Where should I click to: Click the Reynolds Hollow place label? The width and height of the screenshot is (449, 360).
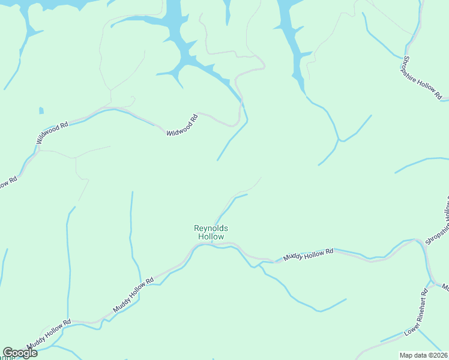click(x=211, y=232)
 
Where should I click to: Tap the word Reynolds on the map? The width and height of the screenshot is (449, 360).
click(x=211, y=228)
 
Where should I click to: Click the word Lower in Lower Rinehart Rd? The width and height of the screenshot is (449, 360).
click(x=410, y=329)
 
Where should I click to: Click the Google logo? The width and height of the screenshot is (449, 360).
click(x=20, y=353)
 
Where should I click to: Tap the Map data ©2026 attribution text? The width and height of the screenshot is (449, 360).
click(x=424, y=355)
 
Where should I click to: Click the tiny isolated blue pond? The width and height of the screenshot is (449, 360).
click(x=41, y=110)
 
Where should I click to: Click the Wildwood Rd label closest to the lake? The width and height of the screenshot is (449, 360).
click(x=182, y=125)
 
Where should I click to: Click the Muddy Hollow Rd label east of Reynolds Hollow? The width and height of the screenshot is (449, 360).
click(x=308, y=255)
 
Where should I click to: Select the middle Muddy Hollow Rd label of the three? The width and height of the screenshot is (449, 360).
click(x=134, y=295)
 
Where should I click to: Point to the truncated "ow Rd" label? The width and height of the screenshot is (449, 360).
click(x=8, y=182)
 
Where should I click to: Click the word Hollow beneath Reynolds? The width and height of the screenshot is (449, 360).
click(x=211, y=237)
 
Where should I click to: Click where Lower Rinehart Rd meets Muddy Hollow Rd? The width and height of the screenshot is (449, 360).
click(x=430, y=283)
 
